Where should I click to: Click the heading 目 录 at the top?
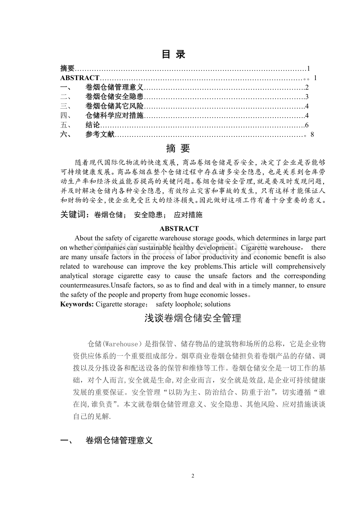(174, 55)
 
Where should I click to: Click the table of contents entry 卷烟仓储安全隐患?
(114, 97)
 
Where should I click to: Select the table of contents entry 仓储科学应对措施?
(114, 115)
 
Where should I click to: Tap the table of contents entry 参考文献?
(100, 134)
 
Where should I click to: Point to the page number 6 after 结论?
(307, 125)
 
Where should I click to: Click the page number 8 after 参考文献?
(312, 134)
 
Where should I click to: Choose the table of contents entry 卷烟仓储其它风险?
(114, 106)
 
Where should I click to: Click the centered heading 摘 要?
(178, 149)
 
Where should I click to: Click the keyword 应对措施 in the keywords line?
(188, 215)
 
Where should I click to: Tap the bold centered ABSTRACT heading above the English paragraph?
(179, 229)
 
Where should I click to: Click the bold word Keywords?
(77, 304)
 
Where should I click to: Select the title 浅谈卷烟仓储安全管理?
(193, 318)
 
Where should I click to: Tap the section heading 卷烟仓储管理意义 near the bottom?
(119, 441)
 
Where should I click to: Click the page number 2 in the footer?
(193, 476)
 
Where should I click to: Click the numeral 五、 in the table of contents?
(66, 125)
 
